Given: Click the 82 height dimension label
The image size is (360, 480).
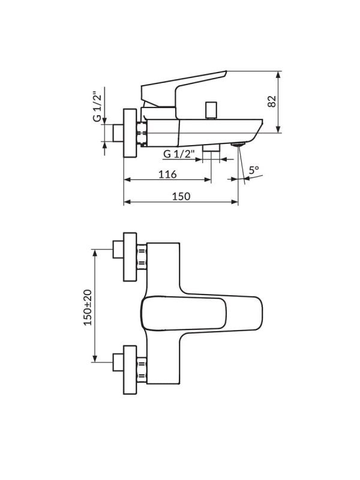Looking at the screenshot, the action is tap(272, 101).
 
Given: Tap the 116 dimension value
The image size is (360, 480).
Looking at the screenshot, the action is tap(167, 174).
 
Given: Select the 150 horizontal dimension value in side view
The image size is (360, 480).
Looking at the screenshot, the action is tap(181, 196).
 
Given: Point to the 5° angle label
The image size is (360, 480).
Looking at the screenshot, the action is tap(254, 170).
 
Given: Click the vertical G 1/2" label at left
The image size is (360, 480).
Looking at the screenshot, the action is tap(97, 106).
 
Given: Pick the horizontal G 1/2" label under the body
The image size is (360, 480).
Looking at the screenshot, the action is tap(179, 154).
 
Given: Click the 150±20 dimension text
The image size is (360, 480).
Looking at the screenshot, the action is tap(88, 307).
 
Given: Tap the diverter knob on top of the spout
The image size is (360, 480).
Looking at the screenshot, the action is tap(211, 110).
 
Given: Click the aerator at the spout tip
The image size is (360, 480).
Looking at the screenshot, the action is tap(238, 144).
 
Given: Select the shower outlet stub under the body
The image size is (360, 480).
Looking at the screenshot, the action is tap(211, 148).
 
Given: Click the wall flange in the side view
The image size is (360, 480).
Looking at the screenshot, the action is tap(130, 133).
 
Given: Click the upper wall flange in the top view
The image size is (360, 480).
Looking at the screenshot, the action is tap(130, 257).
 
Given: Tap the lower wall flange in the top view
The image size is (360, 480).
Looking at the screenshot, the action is tap(130, 370).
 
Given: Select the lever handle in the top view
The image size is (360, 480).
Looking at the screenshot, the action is tap(202, 314).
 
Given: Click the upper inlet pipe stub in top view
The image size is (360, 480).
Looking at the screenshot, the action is tap(118, 249).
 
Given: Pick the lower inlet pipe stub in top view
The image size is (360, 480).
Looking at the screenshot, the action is tap(118, 362).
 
